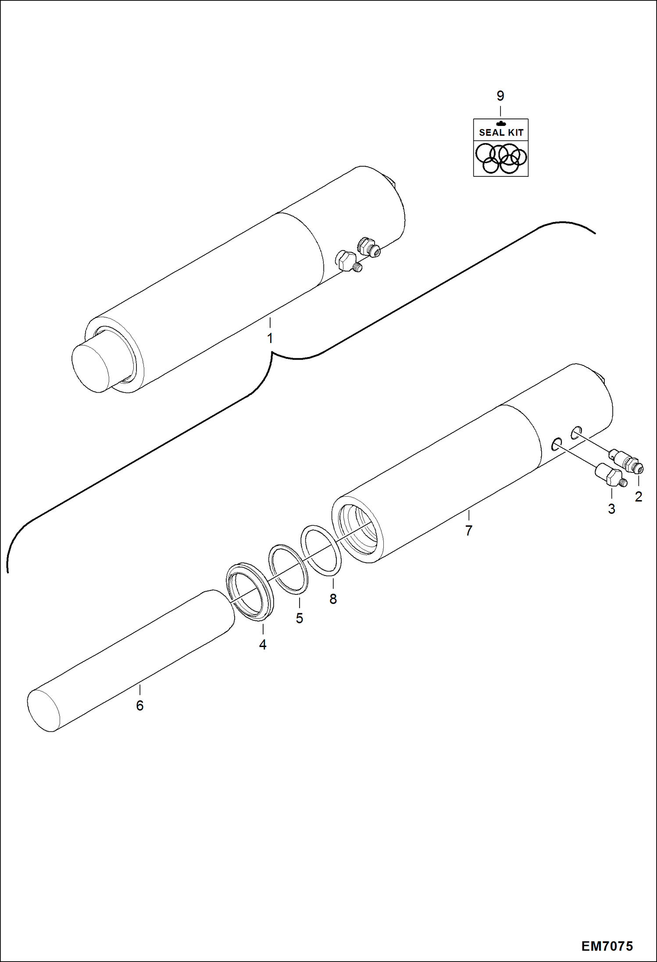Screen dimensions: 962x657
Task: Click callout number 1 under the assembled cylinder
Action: coord(270,338)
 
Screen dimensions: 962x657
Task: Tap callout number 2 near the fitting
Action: coord(638,497)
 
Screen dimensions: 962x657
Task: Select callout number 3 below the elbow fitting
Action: coord(611,509)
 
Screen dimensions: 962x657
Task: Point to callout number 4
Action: coord(263,644)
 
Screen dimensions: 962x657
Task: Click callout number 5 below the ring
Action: coord(300,618)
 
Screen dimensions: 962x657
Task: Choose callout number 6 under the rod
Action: coord(140,705)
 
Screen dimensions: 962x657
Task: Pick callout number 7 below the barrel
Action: coord(469,530)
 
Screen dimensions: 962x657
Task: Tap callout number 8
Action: coord(333,599)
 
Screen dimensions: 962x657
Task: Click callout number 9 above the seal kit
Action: coord(500,96)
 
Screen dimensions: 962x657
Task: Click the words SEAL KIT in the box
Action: coord(501,132)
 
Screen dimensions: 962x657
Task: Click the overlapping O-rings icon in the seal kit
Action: coord(501,158)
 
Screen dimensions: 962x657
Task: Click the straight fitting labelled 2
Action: coord(626,461)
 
